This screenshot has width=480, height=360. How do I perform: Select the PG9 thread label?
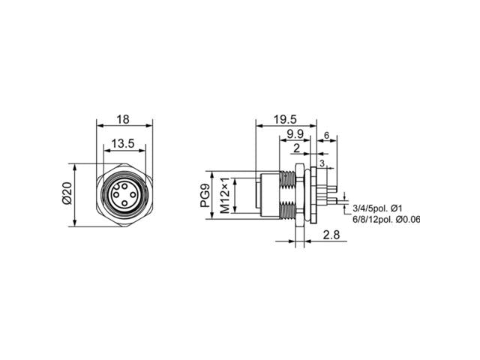click(205, 196)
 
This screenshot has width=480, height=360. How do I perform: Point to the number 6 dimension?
click(327, 136)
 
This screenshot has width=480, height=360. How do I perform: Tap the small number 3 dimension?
click(322, 163)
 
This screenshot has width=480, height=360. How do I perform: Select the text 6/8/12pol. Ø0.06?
click(387, 220)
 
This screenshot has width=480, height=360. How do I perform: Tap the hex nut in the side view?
click(300, 195)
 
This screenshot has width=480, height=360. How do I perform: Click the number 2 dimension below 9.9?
click(297, 148)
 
